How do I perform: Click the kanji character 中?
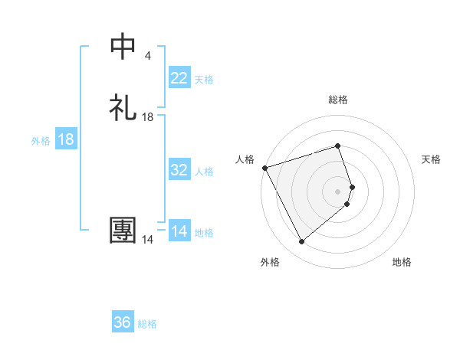click(x=123, y=47)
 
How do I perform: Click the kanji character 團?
click(x=123, y=231)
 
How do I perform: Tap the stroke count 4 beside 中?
click(x=147, y=56)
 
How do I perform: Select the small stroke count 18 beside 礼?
click(x=147, y=117)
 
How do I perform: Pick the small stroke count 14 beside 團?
click(x=147, y=240)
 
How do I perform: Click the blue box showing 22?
click(x=179, y=78)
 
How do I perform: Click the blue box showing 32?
click(x=179, y=170)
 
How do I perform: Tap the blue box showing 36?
click(x=123, y=322)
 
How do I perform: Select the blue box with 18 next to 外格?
click(x=66, y=139)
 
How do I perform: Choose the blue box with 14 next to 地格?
click(x=179, y=231)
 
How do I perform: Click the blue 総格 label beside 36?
click(x=147, y=324)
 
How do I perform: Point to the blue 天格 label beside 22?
click(x=204, y=79)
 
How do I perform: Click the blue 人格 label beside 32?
click(x=204, y=172)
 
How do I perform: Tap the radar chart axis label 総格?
click(x=338, y=100)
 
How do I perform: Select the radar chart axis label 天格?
click(x=431, y=159)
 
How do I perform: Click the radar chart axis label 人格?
click(x=245, y=159)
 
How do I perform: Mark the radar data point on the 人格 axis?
click(x=264, y=168)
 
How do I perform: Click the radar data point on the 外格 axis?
click(x=301, y=242)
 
